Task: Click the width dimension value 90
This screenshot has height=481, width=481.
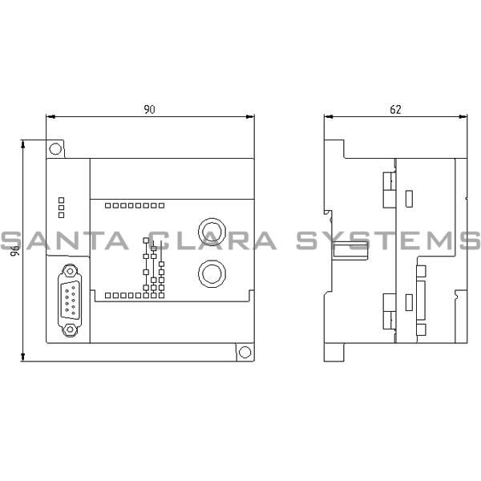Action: click(x=149, y=110)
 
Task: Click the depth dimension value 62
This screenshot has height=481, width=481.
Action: click(x=395, y=110)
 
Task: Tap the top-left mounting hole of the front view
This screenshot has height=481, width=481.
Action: click(x=55, y=148)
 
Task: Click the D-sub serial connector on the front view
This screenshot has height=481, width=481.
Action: click(x=69, y=297)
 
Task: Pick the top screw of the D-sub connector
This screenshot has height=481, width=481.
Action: click(x=69, y=269)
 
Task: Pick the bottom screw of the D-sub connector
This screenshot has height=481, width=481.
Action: click(x=69, y=326)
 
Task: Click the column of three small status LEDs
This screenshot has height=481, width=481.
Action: click(x=61, y=206)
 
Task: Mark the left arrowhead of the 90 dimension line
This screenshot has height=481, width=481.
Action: click(x=50, y=117)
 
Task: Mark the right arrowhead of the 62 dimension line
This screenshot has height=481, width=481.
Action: click(x=464, y=117)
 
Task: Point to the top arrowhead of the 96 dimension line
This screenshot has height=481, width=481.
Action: click(x=24, y=143)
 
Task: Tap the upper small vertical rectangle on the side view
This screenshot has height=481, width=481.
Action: click(x=410, y=196)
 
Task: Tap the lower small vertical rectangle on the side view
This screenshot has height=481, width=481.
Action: click(x=410, y=302)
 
